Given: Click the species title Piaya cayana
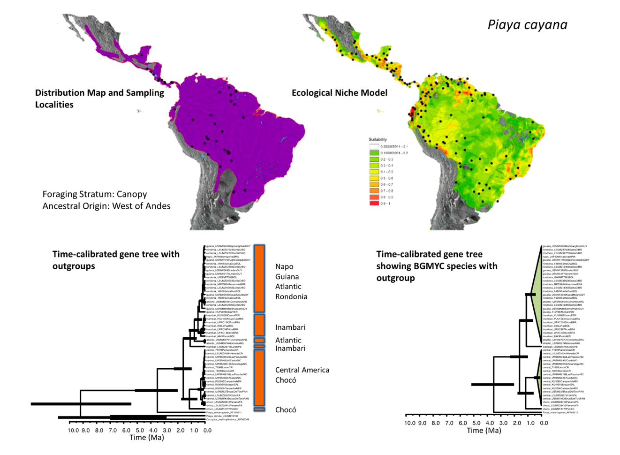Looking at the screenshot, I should (x=527, y=25).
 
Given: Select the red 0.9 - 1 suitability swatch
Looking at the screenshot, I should (x=374, y=204).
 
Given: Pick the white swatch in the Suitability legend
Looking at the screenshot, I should (x=374, y=147).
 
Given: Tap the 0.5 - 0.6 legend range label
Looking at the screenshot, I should (x=387, y=178).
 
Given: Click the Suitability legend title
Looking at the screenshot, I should (x=378, y=139).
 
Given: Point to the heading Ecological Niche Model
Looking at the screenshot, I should (x=339, y=93).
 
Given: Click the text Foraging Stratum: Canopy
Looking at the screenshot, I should (x=95, y=194).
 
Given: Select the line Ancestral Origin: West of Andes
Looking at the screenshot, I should (x=106, y=206).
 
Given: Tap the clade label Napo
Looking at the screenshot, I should (x=284, y=266).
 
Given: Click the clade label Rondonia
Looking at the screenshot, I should (x=291, y=296).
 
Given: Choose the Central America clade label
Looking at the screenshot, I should (x=302, y=370).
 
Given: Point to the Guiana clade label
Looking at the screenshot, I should (x=287, y=277).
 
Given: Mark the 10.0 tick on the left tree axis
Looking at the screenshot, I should (x=73, y=430).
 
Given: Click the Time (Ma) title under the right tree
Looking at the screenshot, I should (x=484, y=431).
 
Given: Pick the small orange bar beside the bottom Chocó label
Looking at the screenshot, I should (x=259, y=409).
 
